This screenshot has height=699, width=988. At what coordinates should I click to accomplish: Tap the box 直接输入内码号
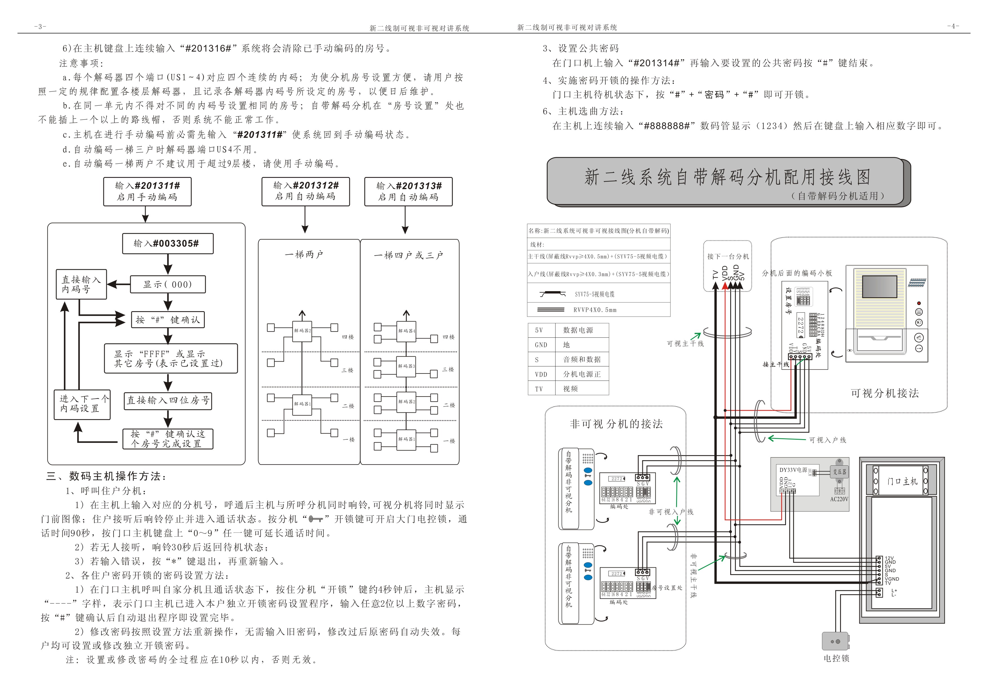pos(81,284)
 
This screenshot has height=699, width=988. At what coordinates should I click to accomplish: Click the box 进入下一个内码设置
pos(82,404)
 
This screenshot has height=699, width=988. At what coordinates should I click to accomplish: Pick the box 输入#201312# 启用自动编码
pos(305,191)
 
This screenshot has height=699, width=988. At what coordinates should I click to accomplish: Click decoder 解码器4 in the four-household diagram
pos(406,331)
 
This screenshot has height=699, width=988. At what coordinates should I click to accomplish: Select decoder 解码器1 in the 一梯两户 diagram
pos(302,404)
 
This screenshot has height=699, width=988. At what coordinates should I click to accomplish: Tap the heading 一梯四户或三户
pos(408,255)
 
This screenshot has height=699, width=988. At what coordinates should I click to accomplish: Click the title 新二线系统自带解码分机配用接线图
pos(727,177)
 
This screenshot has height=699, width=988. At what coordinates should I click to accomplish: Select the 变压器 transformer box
pos(840,472)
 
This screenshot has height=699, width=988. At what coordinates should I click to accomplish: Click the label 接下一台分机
pos(728,256)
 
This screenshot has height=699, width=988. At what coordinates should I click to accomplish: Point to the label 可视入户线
pos(827,440)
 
